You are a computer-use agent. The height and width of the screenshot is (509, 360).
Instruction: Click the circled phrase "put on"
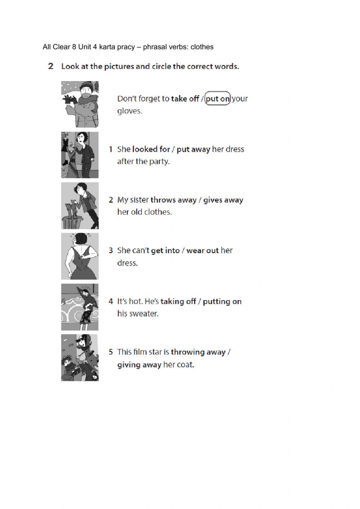217,99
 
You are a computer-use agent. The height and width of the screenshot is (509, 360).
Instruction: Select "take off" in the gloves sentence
185,99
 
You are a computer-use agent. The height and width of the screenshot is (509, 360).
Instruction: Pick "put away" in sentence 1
193,149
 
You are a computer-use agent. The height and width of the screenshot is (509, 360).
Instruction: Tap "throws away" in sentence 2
174,200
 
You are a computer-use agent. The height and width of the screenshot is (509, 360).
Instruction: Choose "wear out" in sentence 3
203,251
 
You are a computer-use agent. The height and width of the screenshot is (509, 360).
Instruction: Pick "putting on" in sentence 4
222,302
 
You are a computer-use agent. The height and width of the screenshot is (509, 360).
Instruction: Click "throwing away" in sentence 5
198,352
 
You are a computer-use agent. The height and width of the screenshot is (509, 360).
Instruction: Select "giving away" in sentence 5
139,365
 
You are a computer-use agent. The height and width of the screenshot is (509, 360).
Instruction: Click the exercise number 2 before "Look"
51,66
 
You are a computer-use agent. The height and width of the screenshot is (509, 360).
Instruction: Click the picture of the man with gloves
80,104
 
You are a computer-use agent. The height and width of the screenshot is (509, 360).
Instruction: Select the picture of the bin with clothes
80,206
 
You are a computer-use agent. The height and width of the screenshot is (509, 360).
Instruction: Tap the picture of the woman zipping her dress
80,256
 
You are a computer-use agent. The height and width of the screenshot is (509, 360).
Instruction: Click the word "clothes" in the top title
202,47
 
